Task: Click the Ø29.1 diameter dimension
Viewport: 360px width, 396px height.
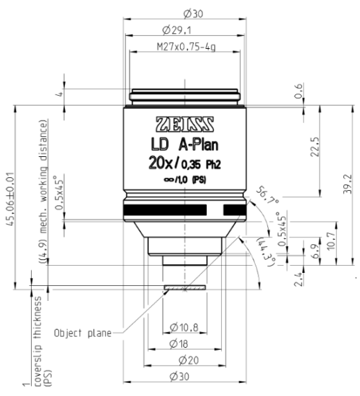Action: click(x=184, y=30)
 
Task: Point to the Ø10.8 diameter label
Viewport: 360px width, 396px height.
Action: click(x=184, y=328)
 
